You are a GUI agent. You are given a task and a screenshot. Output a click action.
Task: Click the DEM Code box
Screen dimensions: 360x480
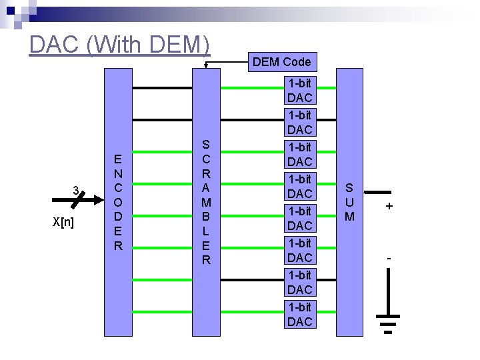click(281, 62)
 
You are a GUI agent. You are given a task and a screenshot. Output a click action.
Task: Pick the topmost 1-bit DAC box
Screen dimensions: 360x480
click(299, 91)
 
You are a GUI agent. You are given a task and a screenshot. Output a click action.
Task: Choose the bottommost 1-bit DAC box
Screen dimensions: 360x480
click(299, 315)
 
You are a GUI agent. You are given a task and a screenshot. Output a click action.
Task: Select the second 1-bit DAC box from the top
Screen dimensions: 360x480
click(299, 123)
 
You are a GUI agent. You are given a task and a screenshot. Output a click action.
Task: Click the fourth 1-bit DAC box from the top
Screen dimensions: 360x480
click(299, 187)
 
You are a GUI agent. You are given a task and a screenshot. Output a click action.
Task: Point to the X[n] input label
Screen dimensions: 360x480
click(63, 222)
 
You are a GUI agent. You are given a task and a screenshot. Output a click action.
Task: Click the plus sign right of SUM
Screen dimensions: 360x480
click(389, 207)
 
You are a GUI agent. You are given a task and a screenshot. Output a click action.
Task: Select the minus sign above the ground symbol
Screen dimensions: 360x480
click(389, 257)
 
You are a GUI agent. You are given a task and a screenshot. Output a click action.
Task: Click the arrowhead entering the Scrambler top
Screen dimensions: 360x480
click(206, 65)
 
